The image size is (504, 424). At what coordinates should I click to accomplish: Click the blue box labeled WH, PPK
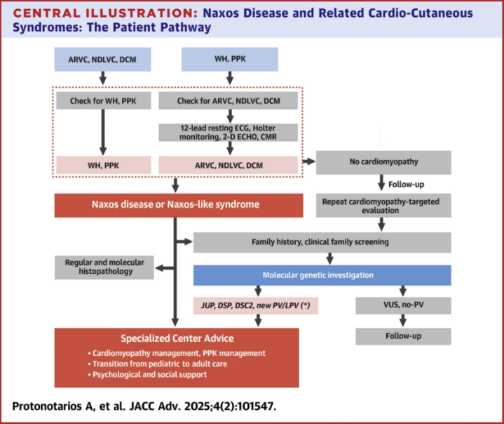pyautogui.click(x=230, y=59)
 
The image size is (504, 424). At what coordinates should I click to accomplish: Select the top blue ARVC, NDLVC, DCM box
pyautogui.click(x=102, y=59)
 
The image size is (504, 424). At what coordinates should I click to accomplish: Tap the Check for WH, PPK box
pyautogui.click(x=104, y=101)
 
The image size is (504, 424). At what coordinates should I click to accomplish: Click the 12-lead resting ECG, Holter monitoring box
pyautogui.click(x=229, y=132)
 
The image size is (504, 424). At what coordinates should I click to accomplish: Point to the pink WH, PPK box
pyautogui.click(x=104, y=165)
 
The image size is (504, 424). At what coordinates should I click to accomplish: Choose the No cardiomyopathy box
pyautogui.click(x=383, y=162)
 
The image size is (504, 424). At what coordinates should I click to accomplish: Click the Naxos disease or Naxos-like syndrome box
pyautogui.click(x=179, y=205)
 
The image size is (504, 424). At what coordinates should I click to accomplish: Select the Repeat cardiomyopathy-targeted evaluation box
pyautogui.click(x=383, y=206)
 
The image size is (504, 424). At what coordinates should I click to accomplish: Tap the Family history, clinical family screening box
pyautogui.click(x=322, y=242)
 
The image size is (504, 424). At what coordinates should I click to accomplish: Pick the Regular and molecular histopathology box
pyautogui.click(x=104, y=267)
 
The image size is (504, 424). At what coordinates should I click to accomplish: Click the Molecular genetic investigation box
pyautogui.click(x=322, y=275)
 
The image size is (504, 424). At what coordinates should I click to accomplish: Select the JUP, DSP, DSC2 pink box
pyautogui.click(x=256, y=305)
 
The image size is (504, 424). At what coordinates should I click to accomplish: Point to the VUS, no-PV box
pyautogui.click(x=403, y=305)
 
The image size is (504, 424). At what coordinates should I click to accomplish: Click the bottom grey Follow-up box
pyautogui.click(x=403, y=336)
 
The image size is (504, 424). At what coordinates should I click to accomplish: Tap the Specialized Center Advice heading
pyautogui.click(x=177, y=338)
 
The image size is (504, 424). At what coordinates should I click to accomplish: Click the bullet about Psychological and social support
pyautogui.click(x=147, y=375)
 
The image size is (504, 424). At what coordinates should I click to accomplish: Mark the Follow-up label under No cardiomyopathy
pyautogui.click(x=407, y=185)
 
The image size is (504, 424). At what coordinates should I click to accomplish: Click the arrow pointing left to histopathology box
pyautogui.click(x=165, y=268)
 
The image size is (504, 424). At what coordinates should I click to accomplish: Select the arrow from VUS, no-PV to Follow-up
pyautogui.click(x=403, y=321)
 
